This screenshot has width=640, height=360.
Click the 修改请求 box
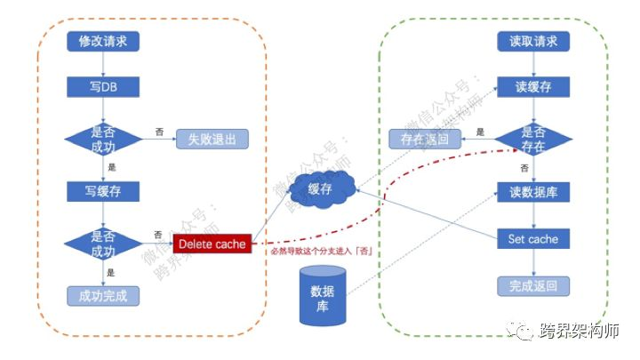pyautogui.click(x=103, y=41)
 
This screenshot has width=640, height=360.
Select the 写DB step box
pyautogui.click(x=103, y=87)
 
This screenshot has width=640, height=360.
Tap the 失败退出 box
pyautogui.click(x=212, y=140)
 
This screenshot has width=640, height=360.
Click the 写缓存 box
pyautogui.click(x=103, y=190)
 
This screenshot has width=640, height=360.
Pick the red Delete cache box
pyautogui.click(x=212, y=243)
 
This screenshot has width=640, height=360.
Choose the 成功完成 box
pyautogui.click(x=103, y=295)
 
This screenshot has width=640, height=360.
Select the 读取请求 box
pyautogui.click(x=533, y=41)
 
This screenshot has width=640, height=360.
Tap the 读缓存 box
pyautogui.click(x=533, y=87)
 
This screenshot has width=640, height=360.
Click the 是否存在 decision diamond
pyautogui.click(x=533, y=139)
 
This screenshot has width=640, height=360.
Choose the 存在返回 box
pyautogui.click(x=425, y=140)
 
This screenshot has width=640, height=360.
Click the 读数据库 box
pyautogui.click(x=533, y=192)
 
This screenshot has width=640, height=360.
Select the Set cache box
pyautogui.click(x=533, y=239)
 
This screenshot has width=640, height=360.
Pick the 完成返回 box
pyautogui.click(x=533, y=286)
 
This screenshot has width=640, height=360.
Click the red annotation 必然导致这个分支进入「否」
pyautogui.click(x=321, y=252)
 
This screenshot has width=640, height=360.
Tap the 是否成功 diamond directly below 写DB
pyautogui.click(x=103, y=139)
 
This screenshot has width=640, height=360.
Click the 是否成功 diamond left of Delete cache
pyautogui.click(x=103, y=242)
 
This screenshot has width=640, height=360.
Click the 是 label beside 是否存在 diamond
pyautogui.click(x=480, y=132)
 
